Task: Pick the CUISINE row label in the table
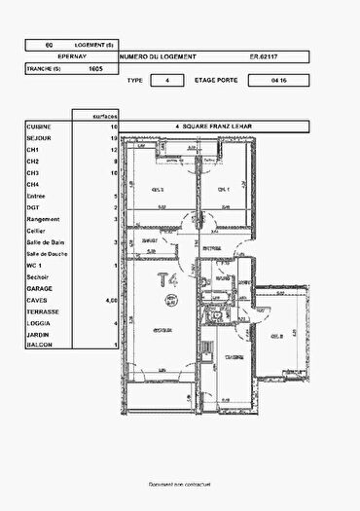39,127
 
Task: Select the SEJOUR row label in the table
38,138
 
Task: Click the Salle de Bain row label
45,241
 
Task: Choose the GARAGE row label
39,288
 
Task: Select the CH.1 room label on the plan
223,190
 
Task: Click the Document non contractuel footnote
180,484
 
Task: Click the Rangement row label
43,219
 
